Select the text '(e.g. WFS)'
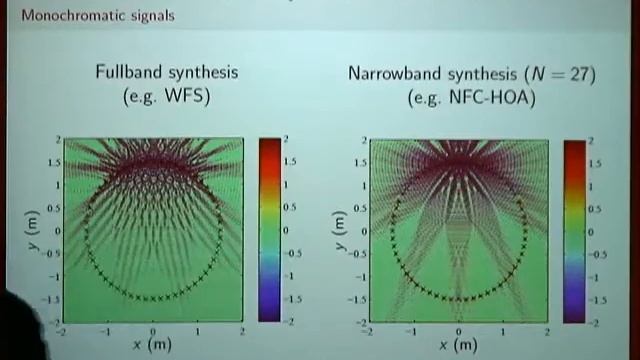(154, 97)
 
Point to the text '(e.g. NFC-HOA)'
(471, 98)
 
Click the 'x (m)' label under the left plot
(152, 344)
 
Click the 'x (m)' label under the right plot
(458, 345)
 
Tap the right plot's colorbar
(574, 230)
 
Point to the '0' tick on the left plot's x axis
(152, 329)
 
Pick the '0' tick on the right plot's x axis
(458, 330)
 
